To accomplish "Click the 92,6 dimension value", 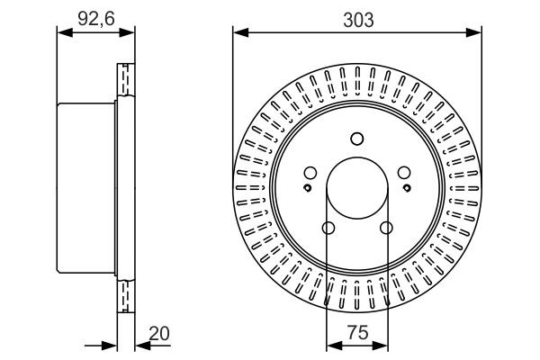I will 94,15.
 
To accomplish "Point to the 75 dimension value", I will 357,332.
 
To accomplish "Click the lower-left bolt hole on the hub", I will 328,227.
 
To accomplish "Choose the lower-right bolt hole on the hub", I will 386,227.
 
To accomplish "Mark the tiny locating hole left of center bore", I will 309,188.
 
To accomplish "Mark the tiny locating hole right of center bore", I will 405,188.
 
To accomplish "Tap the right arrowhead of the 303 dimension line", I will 473,32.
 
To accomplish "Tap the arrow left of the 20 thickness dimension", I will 112,345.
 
